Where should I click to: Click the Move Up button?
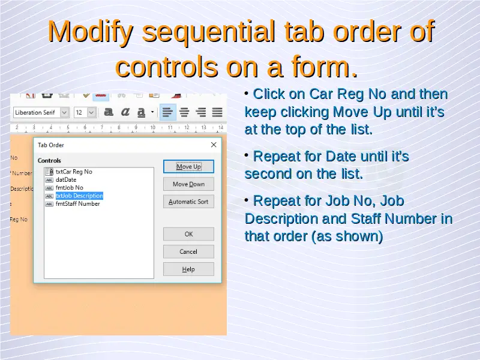[188, 167]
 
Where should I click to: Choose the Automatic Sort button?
[188, 202]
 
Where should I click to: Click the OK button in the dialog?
[188, 234]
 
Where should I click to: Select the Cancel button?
[188, 251]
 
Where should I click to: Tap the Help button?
[188, 269]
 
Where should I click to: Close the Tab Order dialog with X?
[214, 145]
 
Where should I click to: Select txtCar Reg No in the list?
[74, 172]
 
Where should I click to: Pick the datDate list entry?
[66, 179]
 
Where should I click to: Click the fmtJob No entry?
[70, 188]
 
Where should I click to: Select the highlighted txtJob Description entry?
[79, 196]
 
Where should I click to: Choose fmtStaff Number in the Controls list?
[78, 203]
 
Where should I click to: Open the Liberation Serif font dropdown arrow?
[64, 113]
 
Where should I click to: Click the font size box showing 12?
[82, 113]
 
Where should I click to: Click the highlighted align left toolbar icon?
[168, 112]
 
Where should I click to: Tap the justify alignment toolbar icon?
[217, 112]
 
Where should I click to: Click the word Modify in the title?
[91, 32]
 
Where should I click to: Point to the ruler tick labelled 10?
[153, 127]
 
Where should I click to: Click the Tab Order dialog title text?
[51, 145]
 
